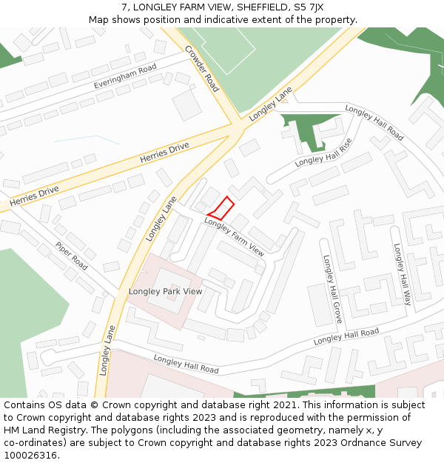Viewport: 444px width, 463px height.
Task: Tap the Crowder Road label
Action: (202, 69)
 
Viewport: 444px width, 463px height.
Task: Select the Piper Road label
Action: (71, 256)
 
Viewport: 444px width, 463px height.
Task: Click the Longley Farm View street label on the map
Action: (234, 237)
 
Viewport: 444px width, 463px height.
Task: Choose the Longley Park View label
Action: (165, 291)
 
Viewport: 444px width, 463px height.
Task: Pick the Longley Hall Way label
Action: (402, 275)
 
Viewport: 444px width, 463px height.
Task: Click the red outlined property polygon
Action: (221, 207)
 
